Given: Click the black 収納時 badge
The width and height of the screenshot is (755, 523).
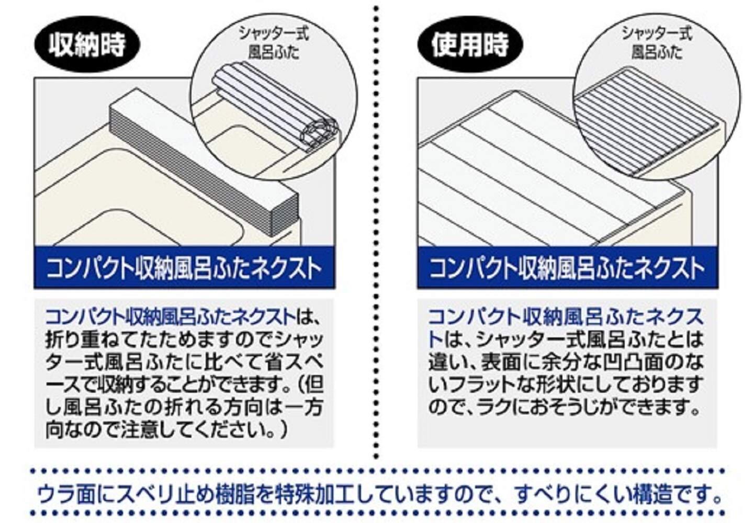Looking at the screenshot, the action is [87, 44].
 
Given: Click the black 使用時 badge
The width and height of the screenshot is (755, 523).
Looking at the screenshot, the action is [469, 44].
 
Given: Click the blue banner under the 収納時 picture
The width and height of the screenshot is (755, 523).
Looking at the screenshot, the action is [184, 268].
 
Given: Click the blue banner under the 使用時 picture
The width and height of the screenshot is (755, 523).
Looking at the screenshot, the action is [567, 268].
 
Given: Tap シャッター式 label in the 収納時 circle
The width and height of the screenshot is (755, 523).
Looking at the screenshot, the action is [274, 35].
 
